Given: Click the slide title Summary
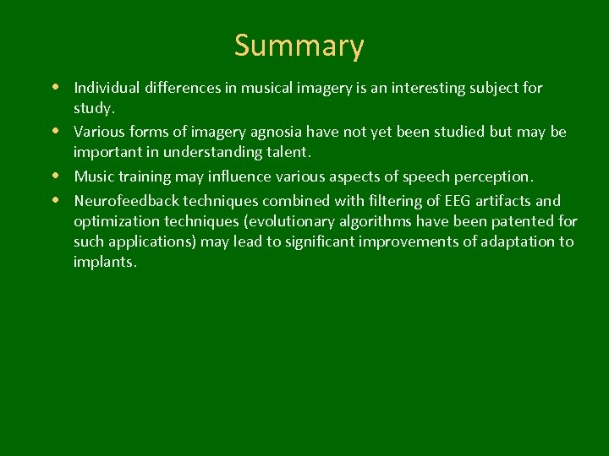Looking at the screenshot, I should click(x=299, y=46).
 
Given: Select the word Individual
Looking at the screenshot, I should click(x=107, y=88).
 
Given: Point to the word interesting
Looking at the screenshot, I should click(x=406, y=88).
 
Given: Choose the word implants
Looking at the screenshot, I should click(x=104, y=262).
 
